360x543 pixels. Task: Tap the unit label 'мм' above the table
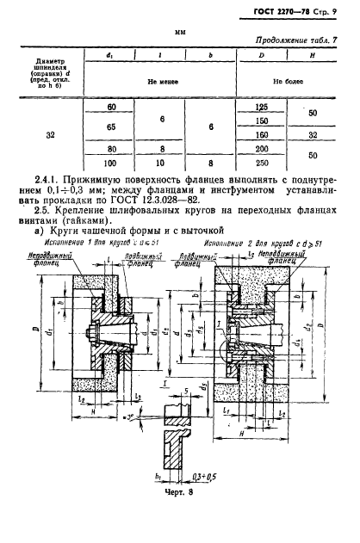point(180,32)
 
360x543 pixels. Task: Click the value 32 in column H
point(313,134)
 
